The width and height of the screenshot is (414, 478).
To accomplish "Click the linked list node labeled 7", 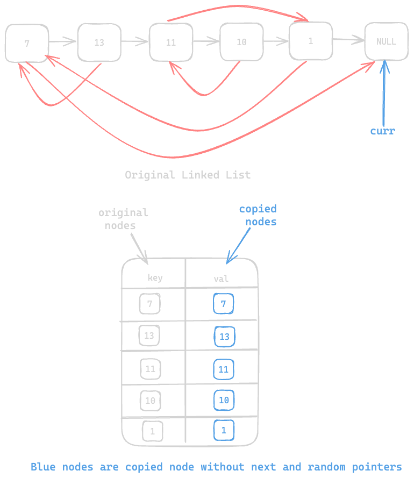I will pos(27,43).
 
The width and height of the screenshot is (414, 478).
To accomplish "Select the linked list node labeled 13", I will pos(99,42).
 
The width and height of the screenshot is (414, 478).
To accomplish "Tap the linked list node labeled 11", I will pos(170,42).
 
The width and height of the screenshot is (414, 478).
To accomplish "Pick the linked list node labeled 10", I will pos(241,41).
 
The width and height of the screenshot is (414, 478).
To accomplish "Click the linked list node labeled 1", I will pos(310,41).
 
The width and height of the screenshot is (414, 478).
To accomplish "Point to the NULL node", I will pos(386,41).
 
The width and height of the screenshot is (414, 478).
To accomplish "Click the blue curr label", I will pos(382,131).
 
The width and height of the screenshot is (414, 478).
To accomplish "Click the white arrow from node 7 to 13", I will pos(63,41).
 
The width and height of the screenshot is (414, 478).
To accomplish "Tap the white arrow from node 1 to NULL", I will pos(348,39).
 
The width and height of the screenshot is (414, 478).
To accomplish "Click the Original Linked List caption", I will pos(188,175).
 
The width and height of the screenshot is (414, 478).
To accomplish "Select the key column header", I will pos(155,278).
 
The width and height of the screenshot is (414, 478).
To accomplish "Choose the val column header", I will pos(221,279).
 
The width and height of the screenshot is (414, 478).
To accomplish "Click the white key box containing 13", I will pos(149,336).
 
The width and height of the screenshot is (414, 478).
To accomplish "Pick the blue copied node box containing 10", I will pos(224,400).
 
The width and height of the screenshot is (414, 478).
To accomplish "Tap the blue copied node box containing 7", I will pos(223,304).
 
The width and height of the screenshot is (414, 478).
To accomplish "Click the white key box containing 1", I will pos(152,431).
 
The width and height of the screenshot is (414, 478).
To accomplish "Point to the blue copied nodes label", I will pos(259,215).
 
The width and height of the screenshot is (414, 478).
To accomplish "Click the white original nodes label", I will pos(123,219).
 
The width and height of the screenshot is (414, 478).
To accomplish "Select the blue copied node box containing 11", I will pos(224,369).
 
